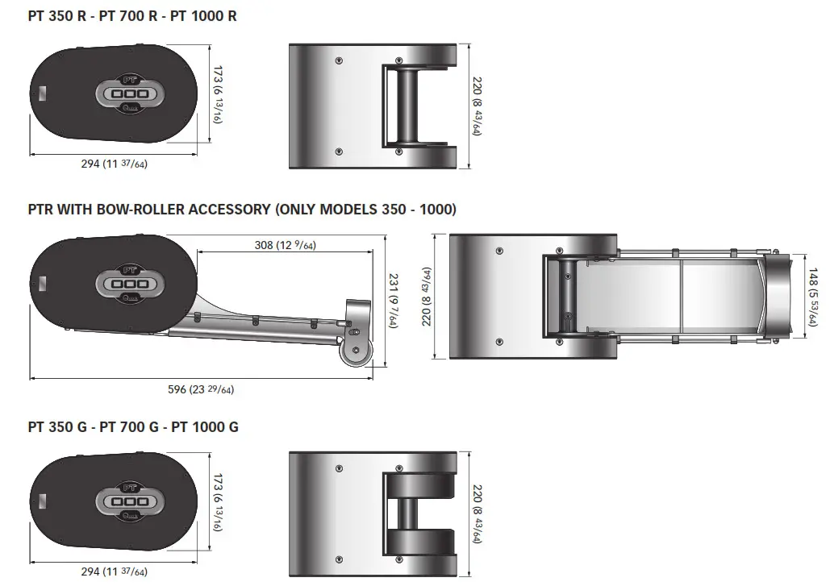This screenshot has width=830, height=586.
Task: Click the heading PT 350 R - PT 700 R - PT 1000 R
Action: [x=132, y=15]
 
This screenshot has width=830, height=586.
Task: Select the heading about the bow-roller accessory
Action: [x=242, y=210]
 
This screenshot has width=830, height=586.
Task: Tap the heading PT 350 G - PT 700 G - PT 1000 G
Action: [x=133, y=426]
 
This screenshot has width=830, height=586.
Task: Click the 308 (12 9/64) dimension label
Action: [x=285, y=245]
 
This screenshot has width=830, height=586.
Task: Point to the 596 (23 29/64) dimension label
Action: [x=202, y=389]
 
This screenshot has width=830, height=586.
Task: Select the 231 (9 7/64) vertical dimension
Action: [x=392, y=300]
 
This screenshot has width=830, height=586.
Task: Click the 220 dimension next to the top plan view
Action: [x=476, y=105]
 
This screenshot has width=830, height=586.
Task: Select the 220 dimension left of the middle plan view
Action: [x=427, y=297]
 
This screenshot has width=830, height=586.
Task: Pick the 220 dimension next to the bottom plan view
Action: [x=476, y=513]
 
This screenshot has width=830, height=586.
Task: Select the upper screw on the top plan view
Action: [x=337, y=59]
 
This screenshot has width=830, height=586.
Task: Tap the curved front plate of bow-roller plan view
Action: [x=779, y=297]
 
